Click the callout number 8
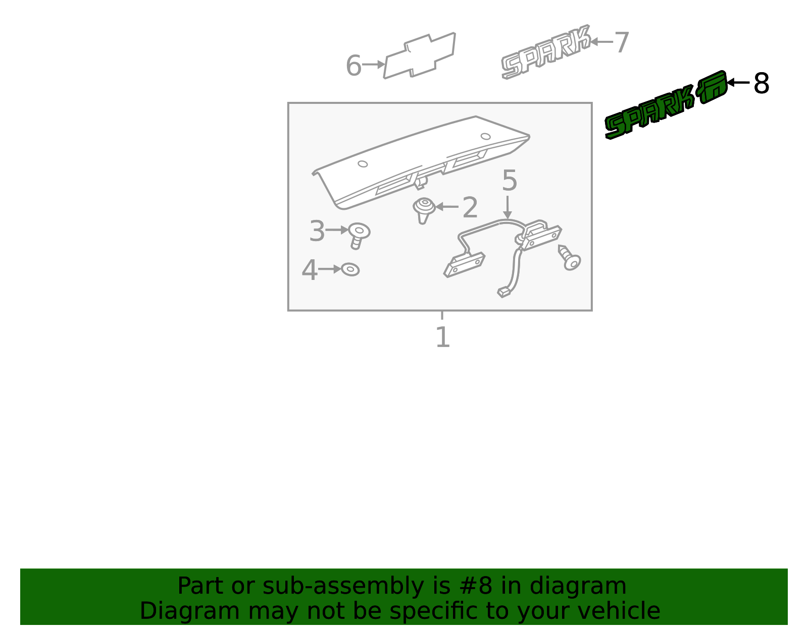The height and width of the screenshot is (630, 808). (761, 83)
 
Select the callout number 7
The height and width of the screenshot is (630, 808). (621, 42)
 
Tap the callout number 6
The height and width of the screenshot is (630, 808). (353, 66)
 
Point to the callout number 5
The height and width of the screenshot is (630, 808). (510, 181)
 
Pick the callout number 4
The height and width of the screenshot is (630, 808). (310, 270)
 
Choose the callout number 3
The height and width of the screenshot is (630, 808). (317, 231)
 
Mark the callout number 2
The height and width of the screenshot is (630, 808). (470, 207)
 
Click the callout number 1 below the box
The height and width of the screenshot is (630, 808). (442, 337)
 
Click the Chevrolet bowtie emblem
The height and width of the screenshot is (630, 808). (420, 55)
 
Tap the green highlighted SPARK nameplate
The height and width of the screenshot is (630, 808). (666, 105)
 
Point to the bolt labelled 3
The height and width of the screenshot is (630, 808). (359, 236)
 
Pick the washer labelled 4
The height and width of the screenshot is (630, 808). (350, 269)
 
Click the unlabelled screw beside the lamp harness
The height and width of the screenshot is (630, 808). (570, 258)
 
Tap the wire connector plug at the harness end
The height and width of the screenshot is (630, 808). (503, 293)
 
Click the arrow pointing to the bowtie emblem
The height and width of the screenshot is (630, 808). (373, 65)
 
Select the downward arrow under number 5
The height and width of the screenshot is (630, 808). (508, 207)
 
